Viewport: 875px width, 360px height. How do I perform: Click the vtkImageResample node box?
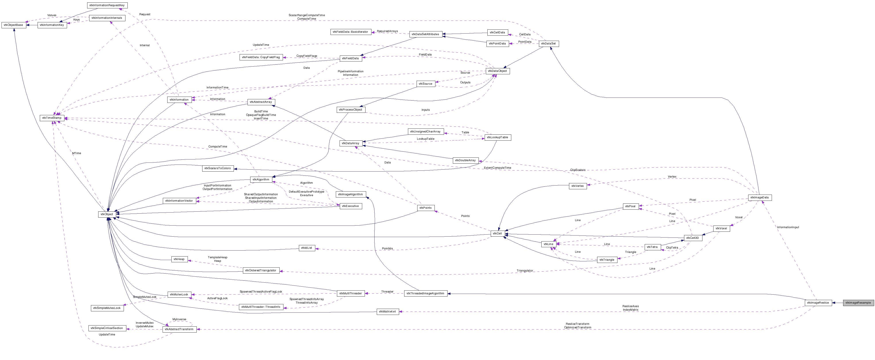[x=858, y=303]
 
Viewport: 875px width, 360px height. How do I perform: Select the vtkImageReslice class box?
[x=818, y=303]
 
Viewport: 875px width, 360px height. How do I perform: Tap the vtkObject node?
[x=107, y=214]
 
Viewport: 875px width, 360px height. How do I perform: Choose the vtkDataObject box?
[x=498, y=71]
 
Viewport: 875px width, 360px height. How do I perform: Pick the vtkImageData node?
[x=760, y=197]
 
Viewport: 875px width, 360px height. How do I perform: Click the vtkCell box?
[x=497, y=234]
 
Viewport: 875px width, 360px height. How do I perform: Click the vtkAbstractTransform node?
[x=179, y=329]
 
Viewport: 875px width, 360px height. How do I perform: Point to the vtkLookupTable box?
[x=497, y=137]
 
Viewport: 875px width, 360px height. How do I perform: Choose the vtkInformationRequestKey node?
[x=107, y=6]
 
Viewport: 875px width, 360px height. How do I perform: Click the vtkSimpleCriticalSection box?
[x=106, y=328]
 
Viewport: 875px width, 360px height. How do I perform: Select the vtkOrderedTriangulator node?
[x=261, y=270]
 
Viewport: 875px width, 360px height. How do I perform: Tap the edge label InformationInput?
[x=788, y=227]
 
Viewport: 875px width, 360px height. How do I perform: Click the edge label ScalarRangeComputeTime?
[x=306, y=15]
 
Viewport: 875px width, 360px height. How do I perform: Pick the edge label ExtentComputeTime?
[x=497, y=168]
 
